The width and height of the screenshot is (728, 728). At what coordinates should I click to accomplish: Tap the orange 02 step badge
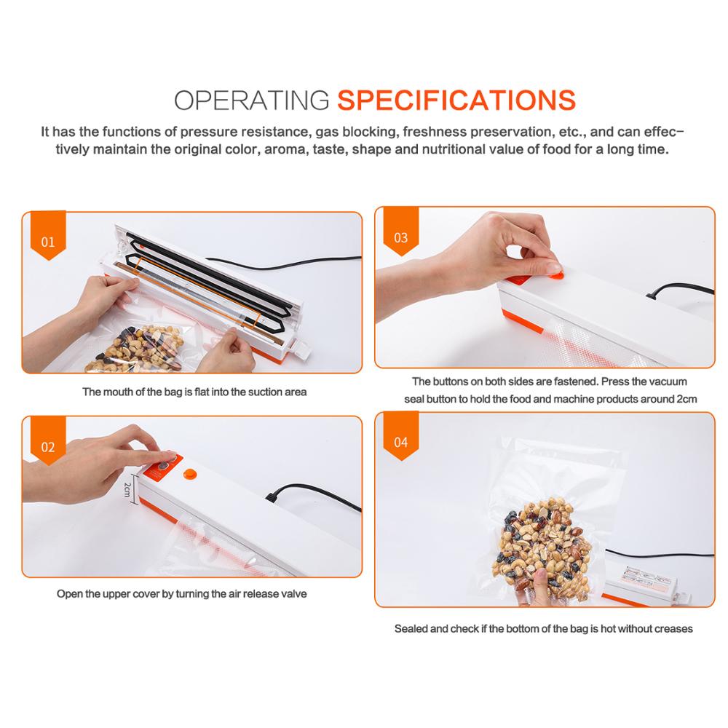pos(48,447)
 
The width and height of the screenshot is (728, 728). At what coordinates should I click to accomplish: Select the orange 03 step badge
pos(400,237)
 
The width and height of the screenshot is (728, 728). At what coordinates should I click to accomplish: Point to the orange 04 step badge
pos(400,442)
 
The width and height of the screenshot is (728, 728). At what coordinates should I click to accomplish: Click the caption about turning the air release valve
pos(182,593)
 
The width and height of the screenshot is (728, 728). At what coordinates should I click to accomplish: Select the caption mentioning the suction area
pos(194,392)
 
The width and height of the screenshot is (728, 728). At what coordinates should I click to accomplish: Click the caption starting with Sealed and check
pos(543,628)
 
